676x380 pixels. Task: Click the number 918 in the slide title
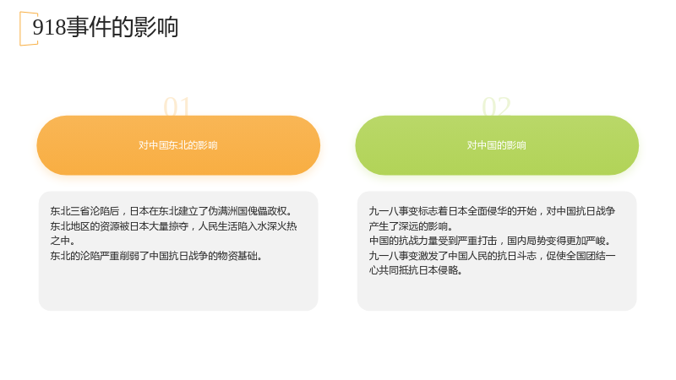point(49,27)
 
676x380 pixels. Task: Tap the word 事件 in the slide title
point(89,27)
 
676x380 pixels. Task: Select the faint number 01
point(177,106)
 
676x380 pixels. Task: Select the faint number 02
point(496,106)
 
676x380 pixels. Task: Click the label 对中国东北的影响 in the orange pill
point(178,145)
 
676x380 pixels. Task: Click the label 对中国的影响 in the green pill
point(497,145)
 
